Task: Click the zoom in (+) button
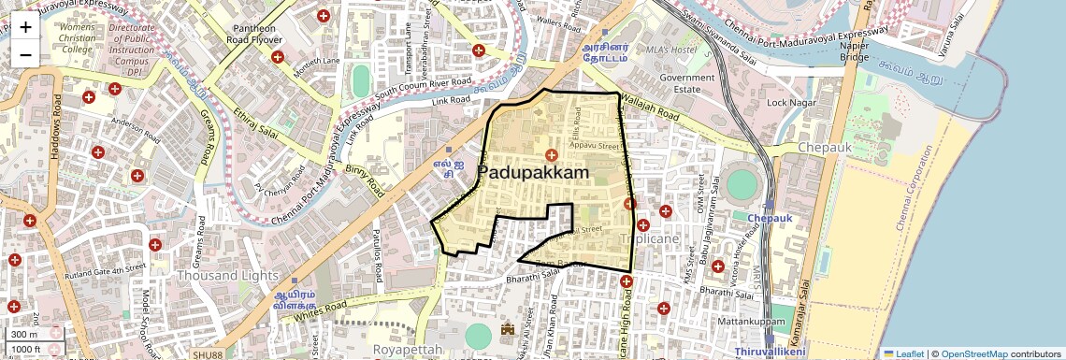click(x=25, y=27)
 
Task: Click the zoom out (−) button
click(x=25, y=54)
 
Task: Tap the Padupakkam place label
click(x=533, y=173)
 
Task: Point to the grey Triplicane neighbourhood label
click(x=651, y=239)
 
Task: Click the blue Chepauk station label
click(x=770, y=218)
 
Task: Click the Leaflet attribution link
click(x=903, y=353)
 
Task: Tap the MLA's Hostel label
click(x=671, y=49)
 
